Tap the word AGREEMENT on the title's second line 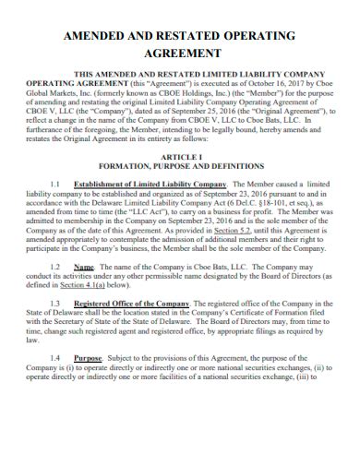coord(179,54)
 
